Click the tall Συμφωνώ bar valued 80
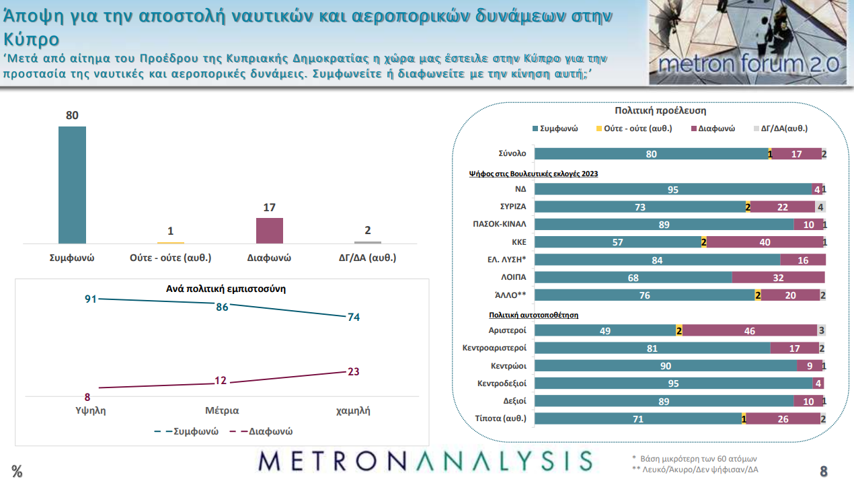72,184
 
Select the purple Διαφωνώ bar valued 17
270,230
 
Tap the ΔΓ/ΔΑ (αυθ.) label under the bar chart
367,257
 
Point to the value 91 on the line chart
91,299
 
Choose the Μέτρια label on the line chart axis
222,410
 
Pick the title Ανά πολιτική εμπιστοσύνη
226,289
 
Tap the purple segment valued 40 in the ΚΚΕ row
765,242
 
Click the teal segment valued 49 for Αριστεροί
605,330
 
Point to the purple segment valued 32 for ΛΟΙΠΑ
778,277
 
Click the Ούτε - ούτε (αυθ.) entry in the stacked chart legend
637,128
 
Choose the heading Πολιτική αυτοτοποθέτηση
533,314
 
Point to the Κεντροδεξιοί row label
497,383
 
